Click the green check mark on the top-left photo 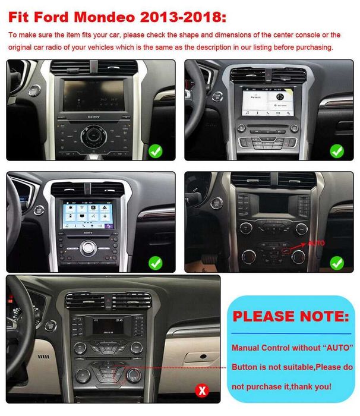click(156, 150)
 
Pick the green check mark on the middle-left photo click(156, 262)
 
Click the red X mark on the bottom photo click(203, 390)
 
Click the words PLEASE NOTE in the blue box click(290, 316)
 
